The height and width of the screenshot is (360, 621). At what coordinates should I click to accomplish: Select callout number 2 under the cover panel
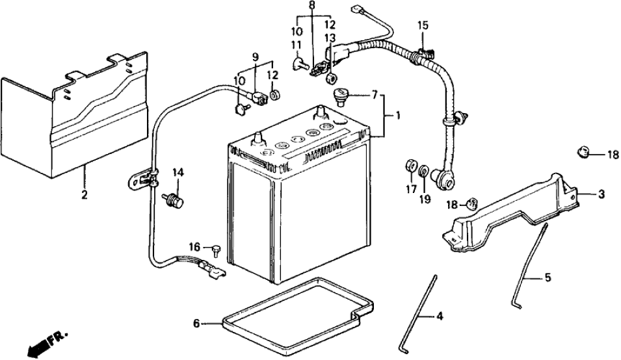[x=84, y=194]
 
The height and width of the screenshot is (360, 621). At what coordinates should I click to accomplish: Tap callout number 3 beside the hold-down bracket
[x=601, y=193]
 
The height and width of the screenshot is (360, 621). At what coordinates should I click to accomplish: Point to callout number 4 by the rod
[x=440, y=316]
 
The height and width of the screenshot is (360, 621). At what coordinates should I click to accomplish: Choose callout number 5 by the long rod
[x=547, y=277]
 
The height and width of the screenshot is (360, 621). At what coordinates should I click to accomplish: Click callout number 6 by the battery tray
[x=196, y=323]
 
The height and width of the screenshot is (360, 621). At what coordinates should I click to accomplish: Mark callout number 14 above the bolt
[x=178, y=172]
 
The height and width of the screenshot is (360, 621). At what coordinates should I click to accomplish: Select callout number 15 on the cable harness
[x=423, y=26]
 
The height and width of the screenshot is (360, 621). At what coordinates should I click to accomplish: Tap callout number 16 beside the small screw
[x=193, y=247]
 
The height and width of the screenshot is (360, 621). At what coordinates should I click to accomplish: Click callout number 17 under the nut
[x=410, y=190]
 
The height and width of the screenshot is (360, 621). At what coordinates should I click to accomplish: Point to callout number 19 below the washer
[x=425, y=199]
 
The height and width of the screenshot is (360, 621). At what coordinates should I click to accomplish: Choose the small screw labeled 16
[x=215, y=250]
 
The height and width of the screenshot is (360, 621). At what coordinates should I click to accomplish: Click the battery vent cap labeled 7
[x=341, y=97]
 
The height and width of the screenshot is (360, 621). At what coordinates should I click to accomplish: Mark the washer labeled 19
[x=423, y=172]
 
